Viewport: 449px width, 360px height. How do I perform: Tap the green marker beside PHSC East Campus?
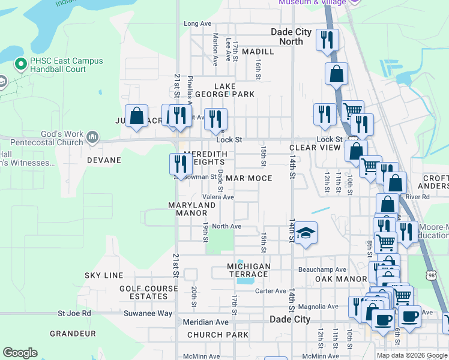[x=20, y=62]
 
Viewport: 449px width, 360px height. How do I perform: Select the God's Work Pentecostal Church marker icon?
[x=92, y=137]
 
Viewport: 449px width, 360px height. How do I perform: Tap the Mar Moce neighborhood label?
[x=249, y=178]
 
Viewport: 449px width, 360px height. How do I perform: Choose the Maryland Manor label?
[x=191, y=209]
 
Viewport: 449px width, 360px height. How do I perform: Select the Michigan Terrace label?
[x=249, y=270]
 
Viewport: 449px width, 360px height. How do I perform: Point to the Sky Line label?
[x=104, y=275]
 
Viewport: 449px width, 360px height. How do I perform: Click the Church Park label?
[x=217, y=335]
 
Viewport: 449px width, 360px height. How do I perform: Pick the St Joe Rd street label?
[x=74, y=313]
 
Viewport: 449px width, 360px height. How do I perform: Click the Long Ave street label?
[x=198, y=23]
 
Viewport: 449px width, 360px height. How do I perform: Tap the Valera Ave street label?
[x=218, y=197]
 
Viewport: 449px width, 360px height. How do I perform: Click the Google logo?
[x=20, y=353]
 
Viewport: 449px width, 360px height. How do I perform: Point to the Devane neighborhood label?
[x=104, y=160]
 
